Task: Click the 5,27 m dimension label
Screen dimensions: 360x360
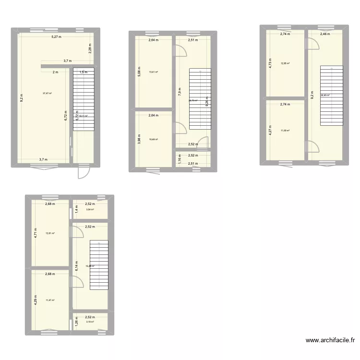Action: (60, 37)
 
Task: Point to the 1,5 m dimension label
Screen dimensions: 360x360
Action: (84, 72)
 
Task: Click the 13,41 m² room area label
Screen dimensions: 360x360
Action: (153, 72)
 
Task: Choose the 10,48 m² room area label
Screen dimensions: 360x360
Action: (153, 140)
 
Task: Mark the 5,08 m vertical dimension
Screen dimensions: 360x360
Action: (139, 72)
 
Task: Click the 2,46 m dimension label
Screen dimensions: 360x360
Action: (325, 34)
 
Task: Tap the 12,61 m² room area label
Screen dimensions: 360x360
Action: (50, 234)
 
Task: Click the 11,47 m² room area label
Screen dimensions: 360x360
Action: (50, 300)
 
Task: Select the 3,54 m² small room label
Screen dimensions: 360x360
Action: (90, 209)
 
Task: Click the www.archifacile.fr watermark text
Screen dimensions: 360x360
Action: (331, 341)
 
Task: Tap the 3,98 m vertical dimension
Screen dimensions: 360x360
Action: (139, 140)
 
